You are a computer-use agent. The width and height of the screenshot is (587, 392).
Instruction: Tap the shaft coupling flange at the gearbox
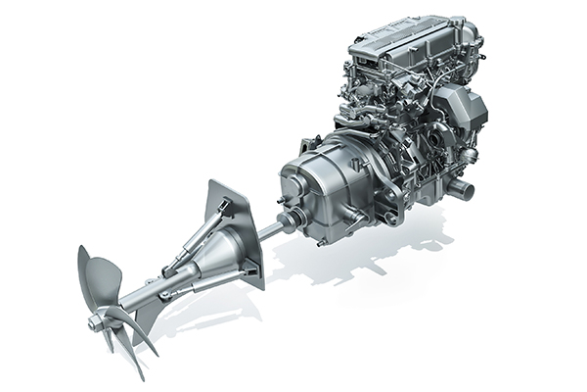[x=290, y=220]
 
